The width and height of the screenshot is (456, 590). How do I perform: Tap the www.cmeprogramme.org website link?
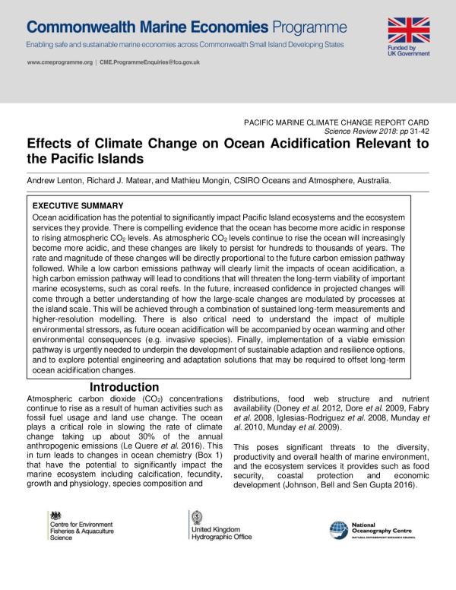pyautogui.click(x=60, y=62)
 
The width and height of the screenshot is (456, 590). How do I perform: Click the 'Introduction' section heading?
pyautogui.click(x=124, y=388)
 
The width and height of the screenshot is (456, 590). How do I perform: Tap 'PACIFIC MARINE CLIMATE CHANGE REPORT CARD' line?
pyautogui.click(x=335, y=122)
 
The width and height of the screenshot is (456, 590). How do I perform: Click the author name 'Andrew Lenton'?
pyautogui.click(x=58, y=181)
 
